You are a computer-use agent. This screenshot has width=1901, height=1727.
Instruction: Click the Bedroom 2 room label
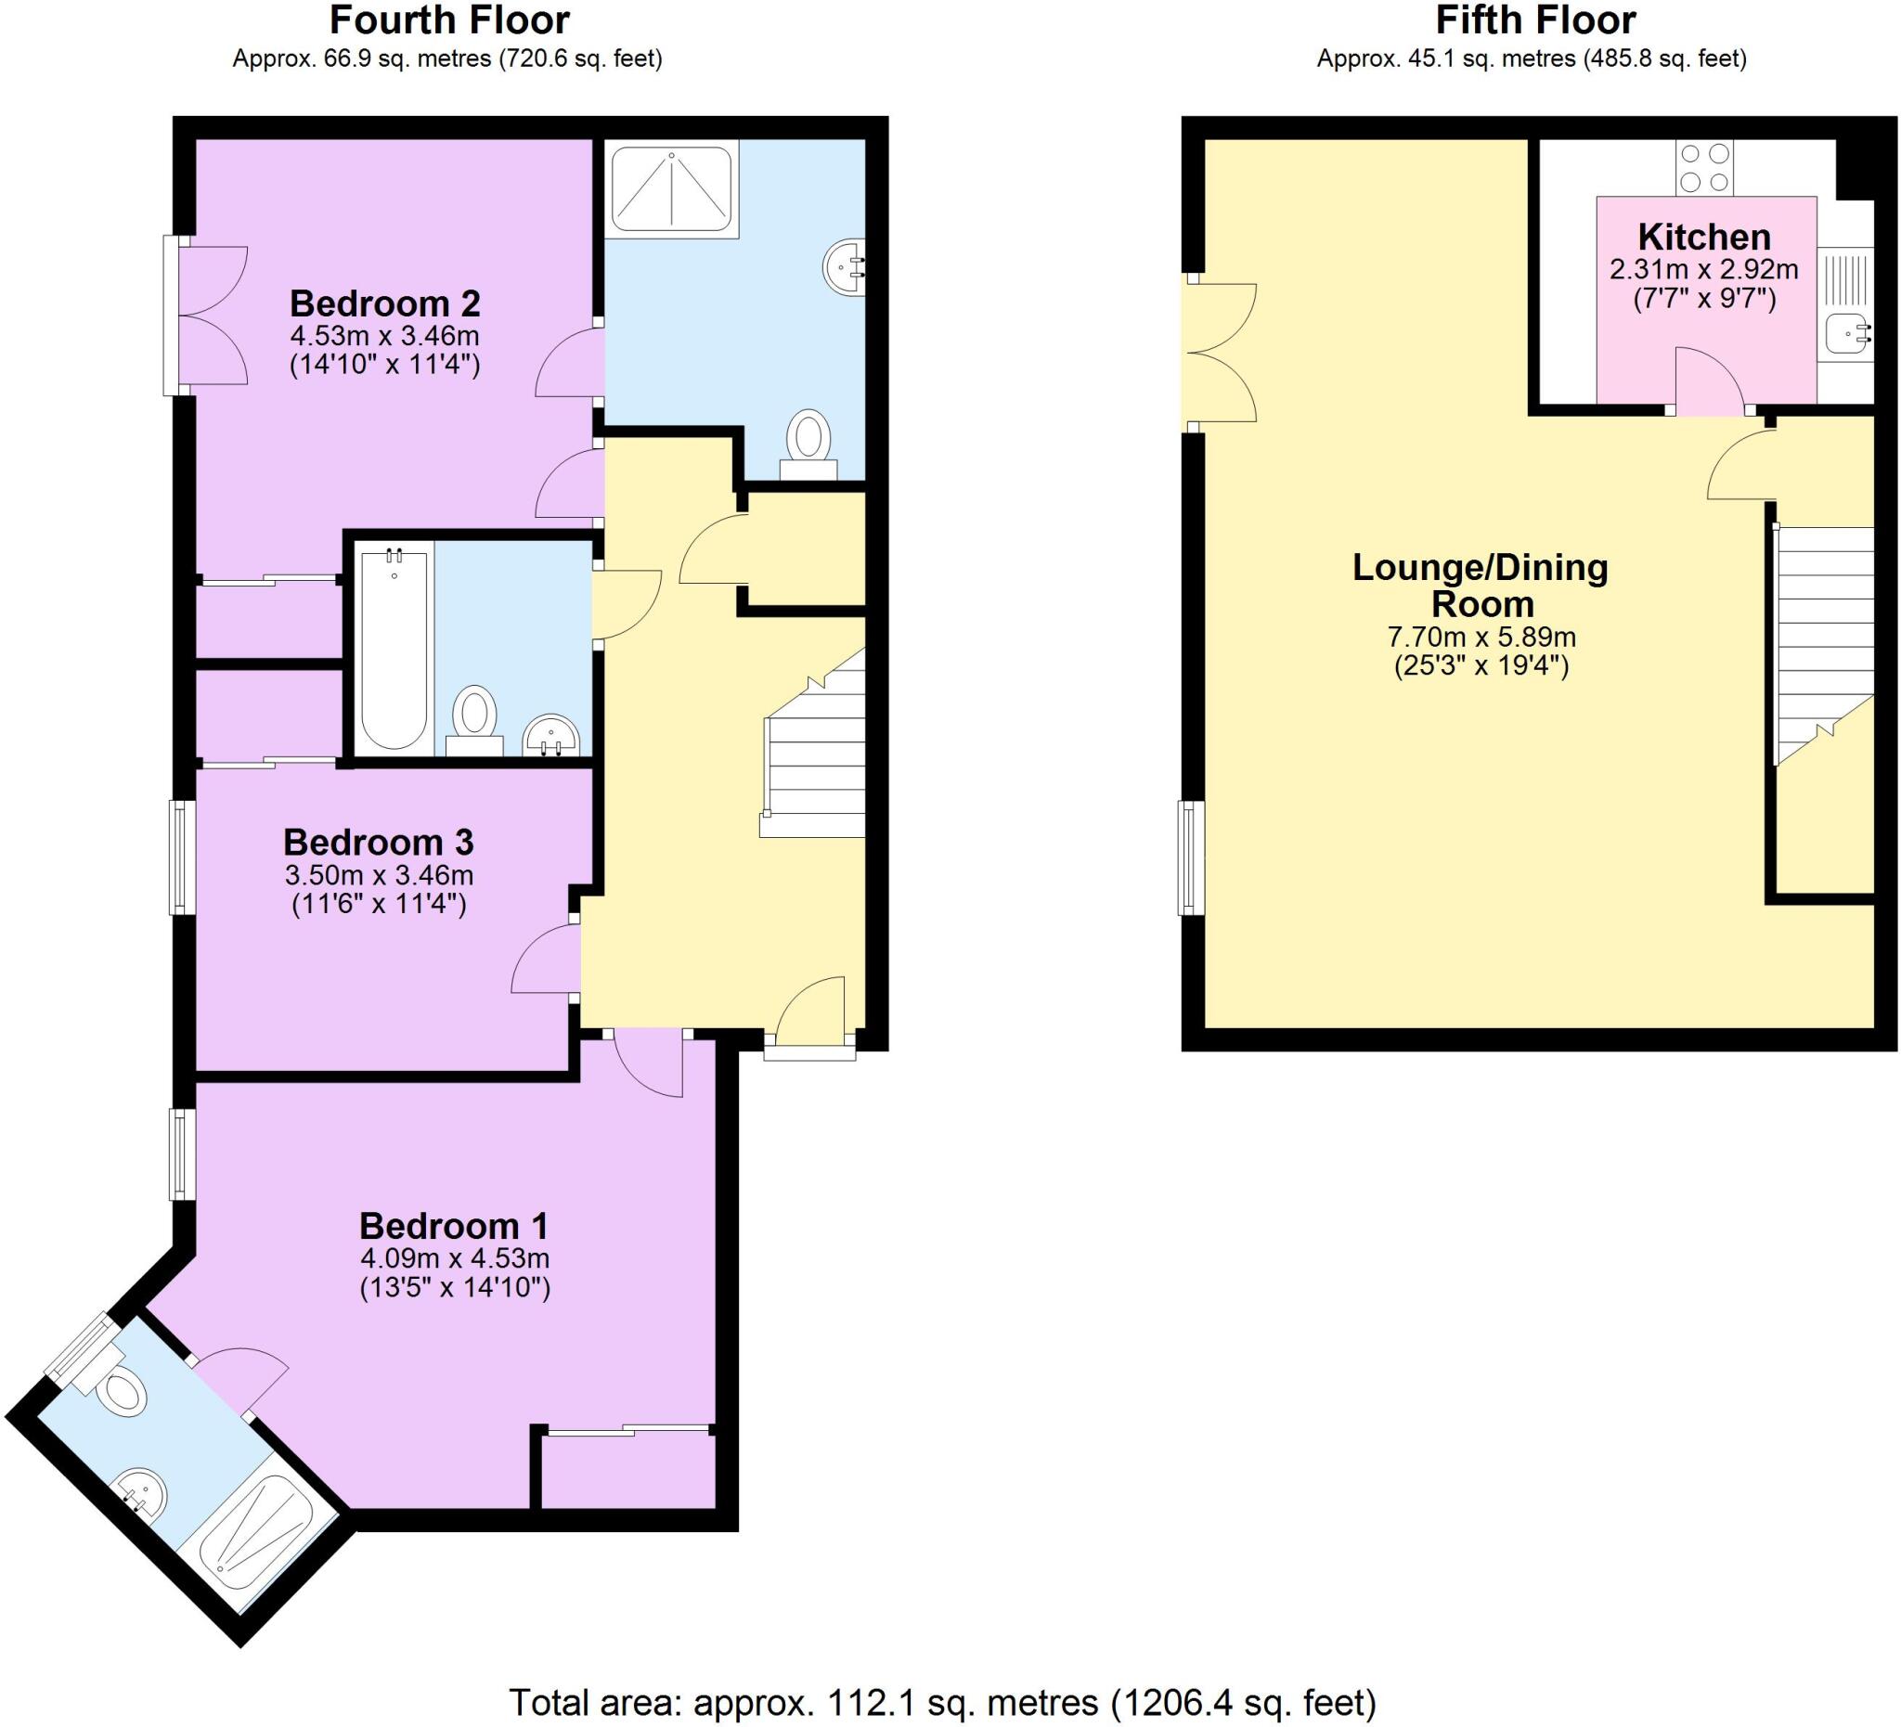[384, 303]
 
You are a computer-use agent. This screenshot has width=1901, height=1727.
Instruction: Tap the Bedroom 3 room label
[378, 842]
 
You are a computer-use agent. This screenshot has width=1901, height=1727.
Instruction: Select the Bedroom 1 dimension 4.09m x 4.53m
[455, 1258]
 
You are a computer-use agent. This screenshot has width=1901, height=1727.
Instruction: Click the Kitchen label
[1704, 237]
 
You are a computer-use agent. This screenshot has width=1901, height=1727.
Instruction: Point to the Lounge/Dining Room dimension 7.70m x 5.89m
[1481, 638]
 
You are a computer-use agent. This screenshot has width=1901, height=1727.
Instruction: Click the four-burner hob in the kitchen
[1704, 167]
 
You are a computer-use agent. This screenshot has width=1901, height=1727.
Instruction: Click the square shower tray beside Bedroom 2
[671, 188]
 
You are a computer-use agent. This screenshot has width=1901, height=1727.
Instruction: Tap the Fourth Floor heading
[449, 20]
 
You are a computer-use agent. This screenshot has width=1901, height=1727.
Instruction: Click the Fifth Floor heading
[1535, 20]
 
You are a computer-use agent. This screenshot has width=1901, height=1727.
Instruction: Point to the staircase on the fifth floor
[1823, 641]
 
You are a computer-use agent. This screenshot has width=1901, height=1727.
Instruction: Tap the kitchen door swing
[1709, 381]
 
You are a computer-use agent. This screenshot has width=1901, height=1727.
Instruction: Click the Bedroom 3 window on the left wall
[182, 857]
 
